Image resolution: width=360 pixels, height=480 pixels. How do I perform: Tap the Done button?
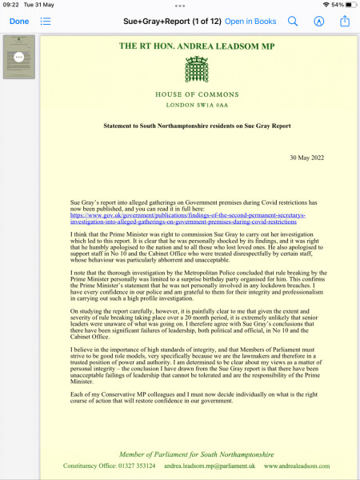(19, 22)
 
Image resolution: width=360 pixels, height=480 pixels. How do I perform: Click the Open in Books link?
(250, 22)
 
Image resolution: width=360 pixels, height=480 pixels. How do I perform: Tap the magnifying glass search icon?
(293, 22)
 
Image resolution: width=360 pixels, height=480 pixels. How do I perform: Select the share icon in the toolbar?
(345, 22)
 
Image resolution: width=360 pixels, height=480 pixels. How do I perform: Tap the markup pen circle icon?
(319, 22)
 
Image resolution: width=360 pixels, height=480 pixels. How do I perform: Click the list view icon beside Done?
(46, 22)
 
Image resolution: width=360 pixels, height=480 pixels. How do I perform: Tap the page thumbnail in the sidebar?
(19, 57)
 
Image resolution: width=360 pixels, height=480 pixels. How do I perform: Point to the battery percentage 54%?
(337, 5)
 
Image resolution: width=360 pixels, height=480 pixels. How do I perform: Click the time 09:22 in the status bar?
(10, 5)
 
